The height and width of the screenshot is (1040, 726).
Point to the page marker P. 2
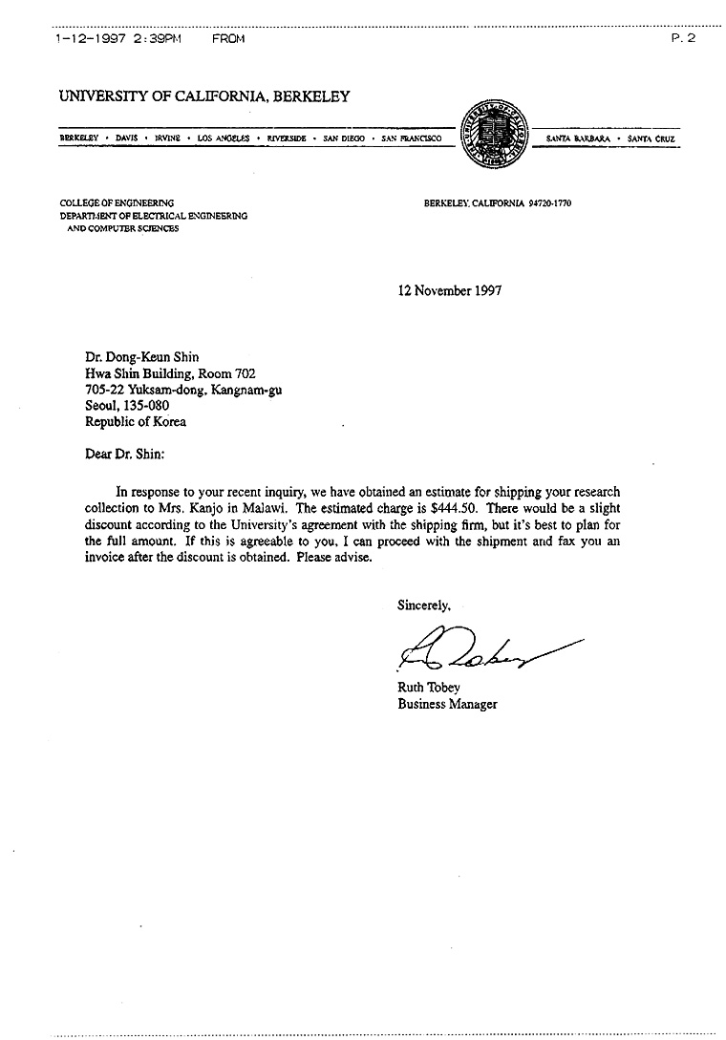(x=682, y=38)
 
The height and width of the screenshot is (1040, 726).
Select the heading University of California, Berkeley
(x=204, y=96)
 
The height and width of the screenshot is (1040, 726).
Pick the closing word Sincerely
(x=424, y=604)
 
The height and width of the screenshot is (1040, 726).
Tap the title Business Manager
(x=447, y=705)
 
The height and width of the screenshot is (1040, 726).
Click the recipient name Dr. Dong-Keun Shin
(x=142, y=358)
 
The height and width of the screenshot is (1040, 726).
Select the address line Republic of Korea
(x=136, y=421)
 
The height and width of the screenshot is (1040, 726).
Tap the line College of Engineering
(x=117, y=202)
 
